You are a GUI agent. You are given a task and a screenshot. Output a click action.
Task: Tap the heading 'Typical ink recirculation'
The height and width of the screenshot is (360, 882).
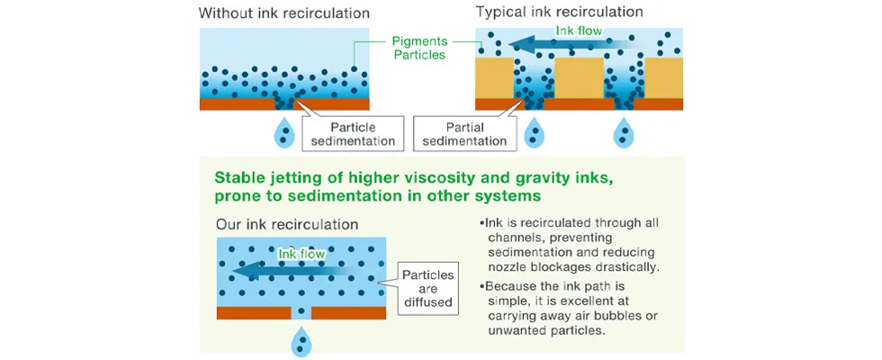point(559,13)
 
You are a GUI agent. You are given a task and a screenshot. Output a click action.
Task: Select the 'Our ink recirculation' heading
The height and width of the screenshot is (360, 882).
point(286,224)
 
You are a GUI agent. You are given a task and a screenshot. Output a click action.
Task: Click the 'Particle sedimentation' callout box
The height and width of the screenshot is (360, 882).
point(353,133)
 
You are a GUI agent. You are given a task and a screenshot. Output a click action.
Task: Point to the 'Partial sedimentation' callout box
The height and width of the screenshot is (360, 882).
point(463,133)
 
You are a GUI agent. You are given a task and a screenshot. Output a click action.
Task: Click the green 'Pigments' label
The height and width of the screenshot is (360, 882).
point(419,40)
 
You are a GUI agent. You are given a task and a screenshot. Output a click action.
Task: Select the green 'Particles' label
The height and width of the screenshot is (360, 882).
point(419,56)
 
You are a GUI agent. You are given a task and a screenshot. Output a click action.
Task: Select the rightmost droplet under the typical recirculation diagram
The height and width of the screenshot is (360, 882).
point(624,133)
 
